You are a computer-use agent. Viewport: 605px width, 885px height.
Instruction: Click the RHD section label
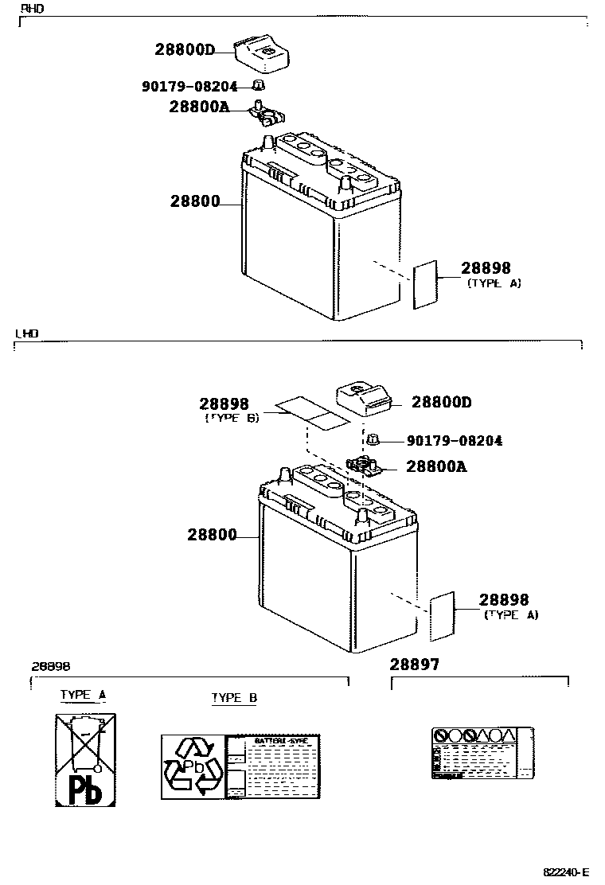coord(32,8)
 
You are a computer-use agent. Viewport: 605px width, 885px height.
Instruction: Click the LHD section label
coord(26,334)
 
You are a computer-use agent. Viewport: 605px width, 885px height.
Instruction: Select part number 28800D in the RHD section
coord(185,49)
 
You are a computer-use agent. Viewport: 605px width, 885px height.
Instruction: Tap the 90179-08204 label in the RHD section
coord(189,86)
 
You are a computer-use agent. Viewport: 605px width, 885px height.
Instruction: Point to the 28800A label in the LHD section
coord(436,467)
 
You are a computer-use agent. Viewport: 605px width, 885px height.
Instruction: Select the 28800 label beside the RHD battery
coord(194,201)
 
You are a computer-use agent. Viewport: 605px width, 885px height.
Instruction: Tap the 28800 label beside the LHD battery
coord(212,535)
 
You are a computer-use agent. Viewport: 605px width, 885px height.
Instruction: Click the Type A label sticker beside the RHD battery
coord(425,283)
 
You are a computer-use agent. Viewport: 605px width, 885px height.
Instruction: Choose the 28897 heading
coord(414,664)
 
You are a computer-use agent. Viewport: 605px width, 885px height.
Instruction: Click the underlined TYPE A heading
coord(83,694)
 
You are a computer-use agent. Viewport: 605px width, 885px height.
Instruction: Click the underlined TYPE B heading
coord(234,698)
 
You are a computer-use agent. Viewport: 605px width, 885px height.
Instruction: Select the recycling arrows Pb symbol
coord(193,767)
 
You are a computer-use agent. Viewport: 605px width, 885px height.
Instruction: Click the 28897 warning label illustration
coord(482,753)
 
